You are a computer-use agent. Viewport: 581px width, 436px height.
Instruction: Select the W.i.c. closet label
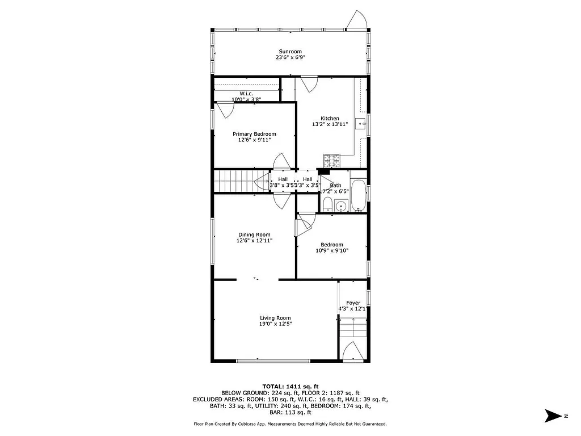coord(246,94)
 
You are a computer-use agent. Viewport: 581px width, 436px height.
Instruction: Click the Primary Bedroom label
coord(254,134)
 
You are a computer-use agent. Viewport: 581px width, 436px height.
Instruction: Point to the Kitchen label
coord(330,119)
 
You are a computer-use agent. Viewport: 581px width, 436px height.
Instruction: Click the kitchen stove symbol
coord(331,162)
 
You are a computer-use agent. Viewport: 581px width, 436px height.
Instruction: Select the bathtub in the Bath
coord(359,196)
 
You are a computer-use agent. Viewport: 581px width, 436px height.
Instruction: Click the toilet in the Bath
coord(327,204)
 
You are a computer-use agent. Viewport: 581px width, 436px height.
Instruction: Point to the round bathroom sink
coord(341,206)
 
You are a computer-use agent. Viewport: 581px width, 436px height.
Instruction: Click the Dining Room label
coord(254,234)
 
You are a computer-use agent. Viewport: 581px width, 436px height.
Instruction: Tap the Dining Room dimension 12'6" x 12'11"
coord(254,241)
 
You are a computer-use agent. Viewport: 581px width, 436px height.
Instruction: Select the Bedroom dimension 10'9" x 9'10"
coord(331,250)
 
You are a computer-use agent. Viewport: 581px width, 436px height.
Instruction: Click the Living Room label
coord(276,318)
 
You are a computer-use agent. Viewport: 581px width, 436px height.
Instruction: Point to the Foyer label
coord(353,303)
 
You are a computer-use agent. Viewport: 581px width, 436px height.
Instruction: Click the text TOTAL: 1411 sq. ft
coord(290,386)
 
